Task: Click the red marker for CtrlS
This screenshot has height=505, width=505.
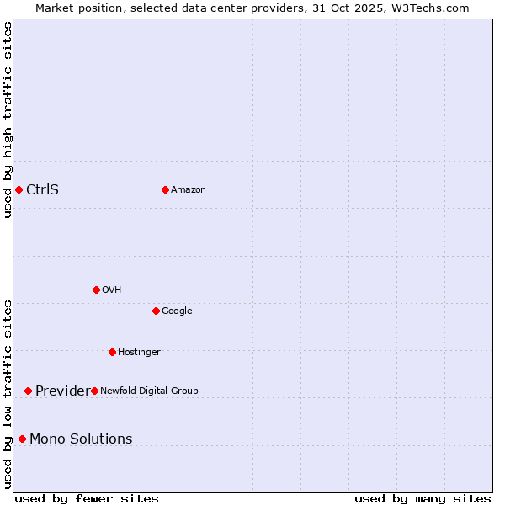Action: pos(19,189)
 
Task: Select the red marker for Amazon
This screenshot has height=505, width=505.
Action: pos(165,189)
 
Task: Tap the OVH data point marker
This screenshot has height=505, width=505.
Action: pos(96,290)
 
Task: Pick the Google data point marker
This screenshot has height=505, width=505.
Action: pos(156,311)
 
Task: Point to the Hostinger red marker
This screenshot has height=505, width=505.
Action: pos(112,352)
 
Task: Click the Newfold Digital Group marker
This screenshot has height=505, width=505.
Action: pos(94,391)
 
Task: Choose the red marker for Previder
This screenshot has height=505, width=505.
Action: pos(28,391)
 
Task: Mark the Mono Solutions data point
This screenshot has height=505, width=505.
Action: pos(22,439)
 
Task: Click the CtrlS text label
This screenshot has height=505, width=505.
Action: pos(42,189)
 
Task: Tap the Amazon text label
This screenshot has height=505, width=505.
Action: pos(188,189)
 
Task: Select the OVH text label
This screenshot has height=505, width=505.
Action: pos(112,290)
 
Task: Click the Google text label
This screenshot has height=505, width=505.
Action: pos(177,311)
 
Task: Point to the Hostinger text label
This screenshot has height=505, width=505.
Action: pos(139,352)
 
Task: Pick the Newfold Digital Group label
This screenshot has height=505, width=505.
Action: pos(149,391)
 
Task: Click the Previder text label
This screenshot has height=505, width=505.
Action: pos(62,391)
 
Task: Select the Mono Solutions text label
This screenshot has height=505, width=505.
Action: pos(81,439)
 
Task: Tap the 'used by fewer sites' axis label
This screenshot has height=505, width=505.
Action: pos(87,498)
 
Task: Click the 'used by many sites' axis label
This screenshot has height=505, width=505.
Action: pos(423,498)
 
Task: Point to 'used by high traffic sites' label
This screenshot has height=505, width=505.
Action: pos(8,120)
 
